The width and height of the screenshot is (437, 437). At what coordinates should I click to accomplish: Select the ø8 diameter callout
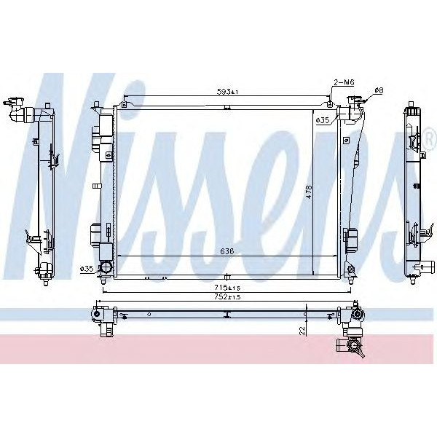click(378, 90)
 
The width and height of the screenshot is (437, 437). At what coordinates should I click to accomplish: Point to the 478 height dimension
click(309, 192)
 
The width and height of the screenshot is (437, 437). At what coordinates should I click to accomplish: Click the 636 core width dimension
click(227, 252)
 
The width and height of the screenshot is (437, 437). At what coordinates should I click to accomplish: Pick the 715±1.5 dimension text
click(228, 288)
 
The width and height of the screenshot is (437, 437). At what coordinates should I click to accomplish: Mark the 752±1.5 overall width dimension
click(228, 297)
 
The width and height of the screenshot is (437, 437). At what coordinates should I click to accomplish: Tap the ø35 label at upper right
click(321, 119)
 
